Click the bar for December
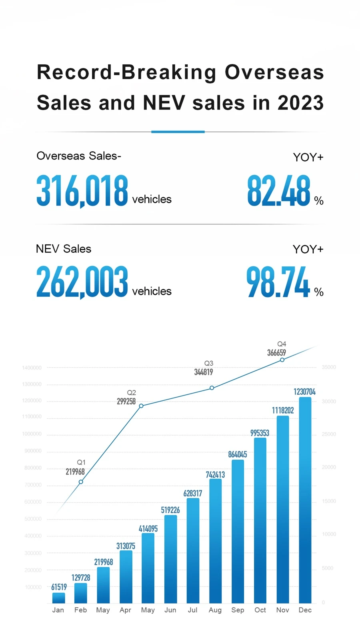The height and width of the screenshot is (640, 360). click(305, 500)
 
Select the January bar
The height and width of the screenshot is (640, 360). click(58, 598)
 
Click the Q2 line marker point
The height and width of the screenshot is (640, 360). click(141, 406)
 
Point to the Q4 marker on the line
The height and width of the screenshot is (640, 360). click(282, 360)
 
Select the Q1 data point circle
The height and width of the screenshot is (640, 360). click(81, 482)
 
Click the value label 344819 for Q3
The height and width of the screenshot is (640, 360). click(204, 372)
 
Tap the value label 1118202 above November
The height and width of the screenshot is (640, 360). click(283, 410)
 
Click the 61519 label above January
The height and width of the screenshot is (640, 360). click(59, 587)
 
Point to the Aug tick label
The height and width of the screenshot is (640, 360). click(215, 610)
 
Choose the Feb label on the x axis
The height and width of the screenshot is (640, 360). click(80, 610)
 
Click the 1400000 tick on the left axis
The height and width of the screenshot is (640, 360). click(32, 368)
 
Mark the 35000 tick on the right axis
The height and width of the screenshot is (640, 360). click(329, 367)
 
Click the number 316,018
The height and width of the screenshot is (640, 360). click(82, 191)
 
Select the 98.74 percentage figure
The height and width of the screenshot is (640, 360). click(278, 282)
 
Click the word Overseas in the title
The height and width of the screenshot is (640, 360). click(274, 73)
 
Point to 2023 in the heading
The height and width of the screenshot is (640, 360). click(300, 103)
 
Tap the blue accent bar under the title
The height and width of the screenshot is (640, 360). click(178, 132)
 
